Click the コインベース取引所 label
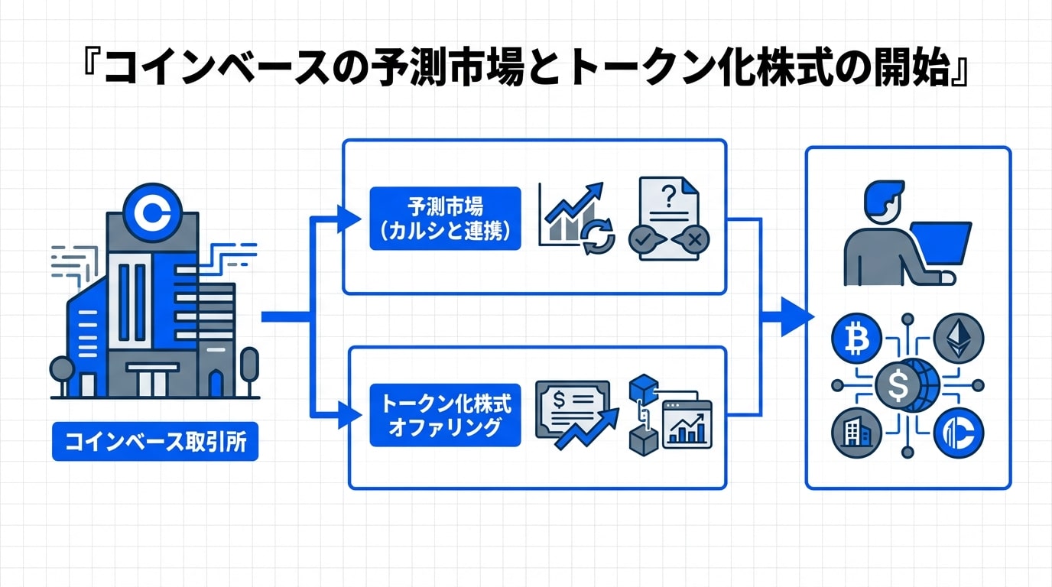[x=155, y=442]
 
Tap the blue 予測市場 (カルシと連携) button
[x=444, y=219]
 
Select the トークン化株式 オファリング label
[x=444, y=415]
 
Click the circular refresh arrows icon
[x=598, y=238]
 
